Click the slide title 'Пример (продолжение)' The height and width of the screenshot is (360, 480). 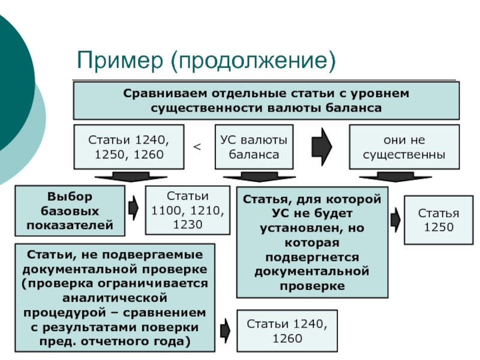click(x=206, y=61)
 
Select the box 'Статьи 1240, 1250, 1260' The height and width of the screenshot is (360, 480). click(x=129, y=147)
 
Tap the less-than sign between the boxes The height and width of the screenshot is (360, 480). click(x=197, y=147)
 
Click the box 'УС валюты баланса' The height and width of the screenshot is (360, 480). click(x=254, y=147)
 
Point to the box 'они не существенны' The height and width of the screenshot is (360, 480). click(x=404, y=147)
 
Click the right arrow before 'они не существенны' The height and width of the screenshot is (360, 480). click(x=322, y=147)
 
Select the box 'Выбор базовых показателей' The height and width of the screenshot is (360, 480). click(x=70, y=211)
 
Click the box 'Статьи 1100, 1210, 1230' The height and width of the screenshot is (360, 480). click(x=188, y=211)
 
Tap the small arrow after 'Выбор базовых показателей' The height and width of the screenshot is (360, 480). click(x=133, y=208)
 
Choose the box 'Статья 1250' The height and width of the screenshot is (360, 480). click(x=439, y=220)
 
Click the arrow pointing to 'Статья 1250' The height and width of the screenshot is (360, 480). click(x=395, y=220)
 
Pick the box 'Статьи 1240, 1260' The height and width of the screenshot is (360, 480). click(x=287, y=331)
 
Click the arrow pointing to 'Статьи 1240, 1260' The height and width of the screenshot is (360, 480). click(x=226, y=331)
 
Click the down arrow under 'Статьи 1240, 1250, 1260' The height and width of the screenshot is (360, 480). click(x=131, y=176)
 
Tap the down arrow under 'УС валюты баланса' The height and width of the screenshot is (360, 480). click(x=259, y=176)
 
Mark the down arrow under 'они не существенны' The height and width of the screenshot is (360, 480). click(x=395, y=176)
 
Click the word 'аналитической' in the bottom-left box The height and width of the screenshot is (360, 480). click(x=115, y=298)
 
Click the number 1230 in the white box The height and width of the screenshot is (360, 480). click(x=188, y=224)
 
